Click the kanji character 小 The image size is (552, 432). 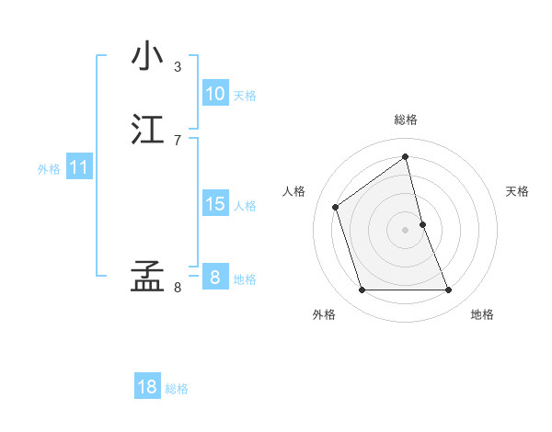[147, 56]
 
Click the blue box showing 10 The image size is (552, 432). [214, 94]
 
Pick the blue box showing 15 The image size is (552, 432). [214, 204]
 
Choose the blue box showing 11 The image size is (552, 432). [78, 168]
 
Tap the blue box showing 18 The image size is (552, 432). [147, 387]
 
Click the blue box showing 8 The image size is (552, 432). [214, 278]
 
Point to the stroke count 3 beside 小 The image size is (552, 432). [178, 66]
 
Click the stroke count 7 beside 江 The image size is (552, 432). [178, 140]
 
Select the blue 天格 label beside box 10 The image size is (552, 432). [245, 96]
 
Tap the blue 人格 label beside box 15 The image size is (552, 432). [245, 206]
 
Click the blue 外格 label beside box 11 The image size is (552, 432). [49, 169]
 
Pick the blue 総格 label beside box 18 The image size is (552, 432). [177, 389]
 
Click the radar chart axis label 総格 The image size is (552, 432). [406, 119]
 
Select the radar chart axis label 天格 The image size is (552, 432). [518, 191]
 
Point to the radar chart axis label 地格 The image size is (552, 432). [482, 314]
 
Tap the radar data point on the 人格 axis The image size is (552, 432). [336, 207]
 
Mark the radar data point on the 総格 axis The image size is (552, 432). [406, 156]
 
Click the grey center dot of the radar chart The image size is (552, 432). [406, 230]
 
